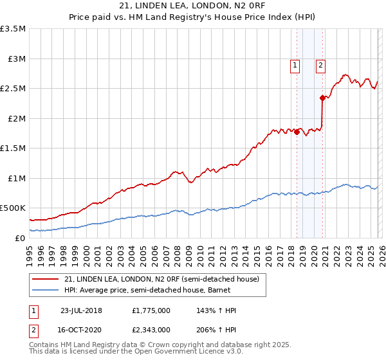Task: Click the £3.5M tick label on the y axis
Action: coord(13,29)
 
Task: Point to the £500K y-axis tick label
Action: coord(13,208)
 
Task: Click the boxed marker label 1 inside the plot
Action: coord(295,64)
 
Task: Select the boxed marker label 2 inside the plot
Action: coord(320,64)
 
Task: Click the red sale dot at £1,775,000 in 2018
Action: coord(297,132)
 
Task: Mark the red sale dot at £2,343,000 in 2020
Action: coord(322,98)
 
